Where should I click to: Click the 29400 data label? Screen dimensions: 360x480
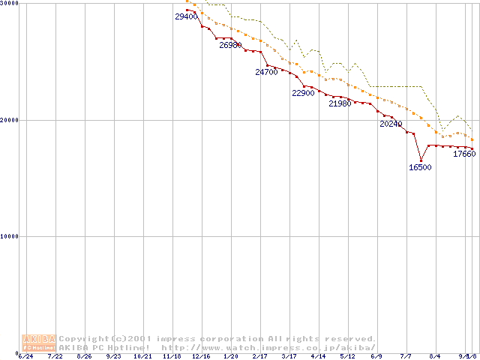[186, 16]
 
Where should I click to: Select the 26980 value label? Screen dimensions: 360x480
[230, 45]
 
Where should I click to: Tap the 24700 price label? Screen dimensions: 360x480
[266, 73]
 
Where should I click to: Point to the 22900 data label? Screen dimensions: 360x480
[303, 93]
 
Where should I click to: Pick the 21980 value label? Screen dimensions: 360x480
[340, 103]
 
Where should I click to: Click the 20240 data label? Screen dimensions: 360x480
[391, 124]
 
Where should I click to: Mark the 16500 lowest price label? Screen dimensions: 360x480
[420, 167]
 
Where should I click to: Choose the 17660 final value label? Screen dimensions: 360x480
[464, 154]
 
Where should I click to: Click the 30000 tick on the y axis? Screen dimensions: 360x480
[10, 4]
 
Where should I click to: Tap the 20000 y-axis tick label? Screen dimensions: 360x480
[10, 120]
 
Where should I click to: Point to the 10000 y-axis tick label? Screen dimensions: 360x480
[10, 236]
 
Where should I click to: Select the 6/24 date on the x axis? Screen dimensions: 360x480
[25, 356]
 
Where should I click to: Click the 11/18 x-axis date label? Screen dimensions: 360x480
[172, 356]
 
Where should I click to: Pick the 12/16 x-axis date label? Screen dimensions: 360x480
[201, 356]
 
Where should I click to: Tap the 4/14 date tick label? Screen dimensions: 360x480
[318, 356]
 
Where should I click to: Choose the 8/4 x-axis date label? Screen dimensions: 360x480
[435, 356]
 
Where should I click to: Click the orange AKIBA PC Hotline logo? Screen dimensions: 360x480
[39, 343]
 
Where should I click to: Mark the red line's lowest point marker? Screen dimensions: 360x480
[421, 160]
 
